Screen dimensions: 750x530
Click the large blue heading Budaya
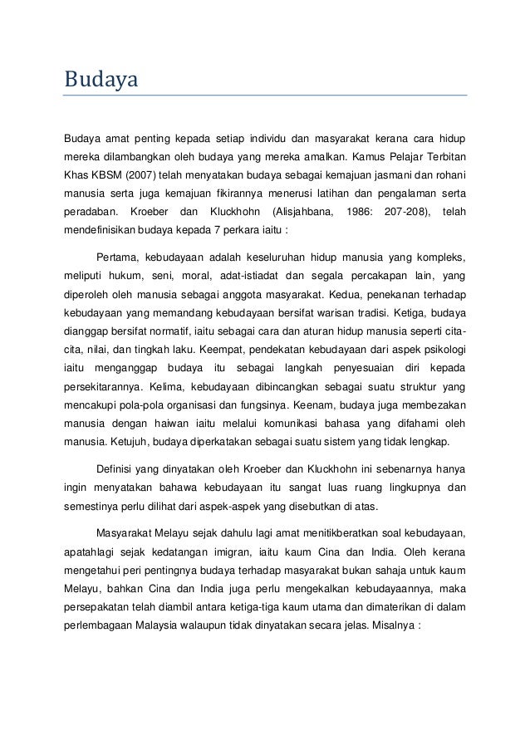click(100, 81)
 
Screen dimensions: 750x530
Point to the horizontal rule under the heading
click(265, 96)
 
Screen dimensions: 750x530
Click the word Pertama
click(119, 255)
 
